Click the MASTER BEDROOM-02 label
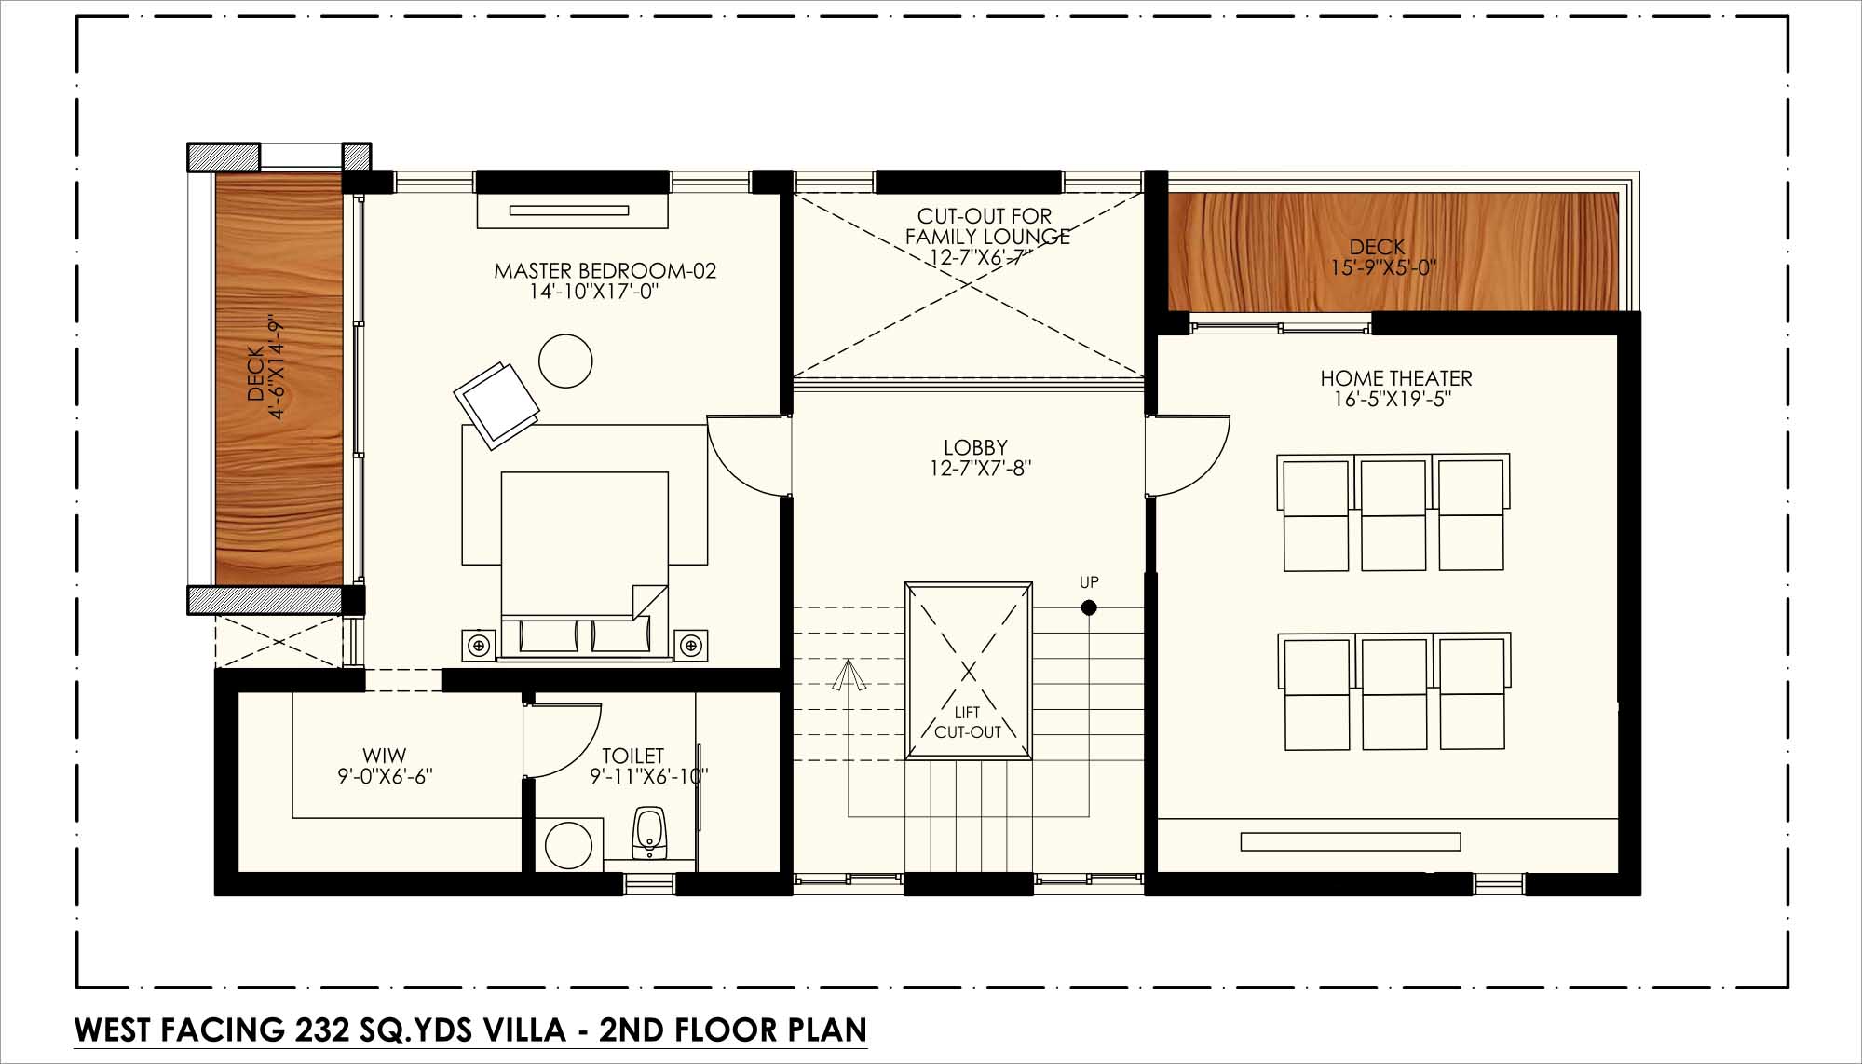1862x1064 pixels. pos(605,271)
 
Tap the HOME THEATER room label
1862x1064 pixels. pos(1396,378)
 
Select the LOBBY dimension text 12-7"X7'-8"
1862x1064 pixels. pos(980,469)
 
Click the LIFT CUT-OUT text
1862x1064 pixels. pos(968,723)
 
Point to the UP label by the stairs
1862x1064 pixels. pos(1089,582)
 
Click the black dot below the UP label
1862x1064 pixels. pos(1089,608)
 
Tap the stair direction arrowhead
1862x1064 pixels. pos(849,675)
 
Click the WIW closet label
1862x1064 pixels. pos(385,756)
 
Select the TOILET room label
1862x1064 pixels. pos(633,756)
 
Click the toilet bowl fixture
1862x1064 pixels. pos(649,833)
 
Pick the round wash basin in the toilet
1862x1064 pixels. pos(569,845)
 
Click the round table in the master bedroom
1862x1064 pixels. pos(565,360)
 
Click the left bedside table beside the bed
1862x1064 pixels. pos(480,645)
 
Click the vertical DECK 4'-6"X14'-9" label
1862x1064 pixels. pos(265,370)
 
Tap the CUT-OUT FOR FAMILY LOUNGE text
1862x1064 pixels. pos(987,226)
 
